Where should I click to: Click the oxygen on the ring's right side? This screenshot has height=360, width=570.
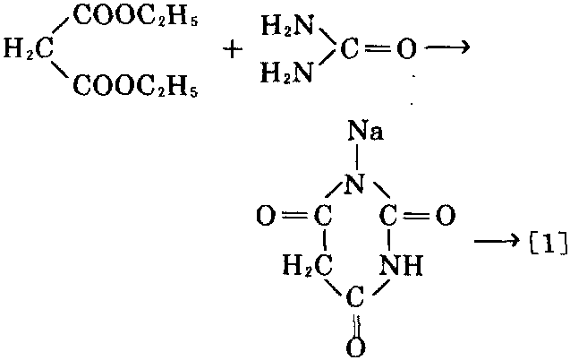pyautogui.click(x=447, y=216)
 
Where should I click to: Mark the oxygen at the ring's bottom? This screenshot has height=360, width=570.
pyautogui.click(x=357, y=344)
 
